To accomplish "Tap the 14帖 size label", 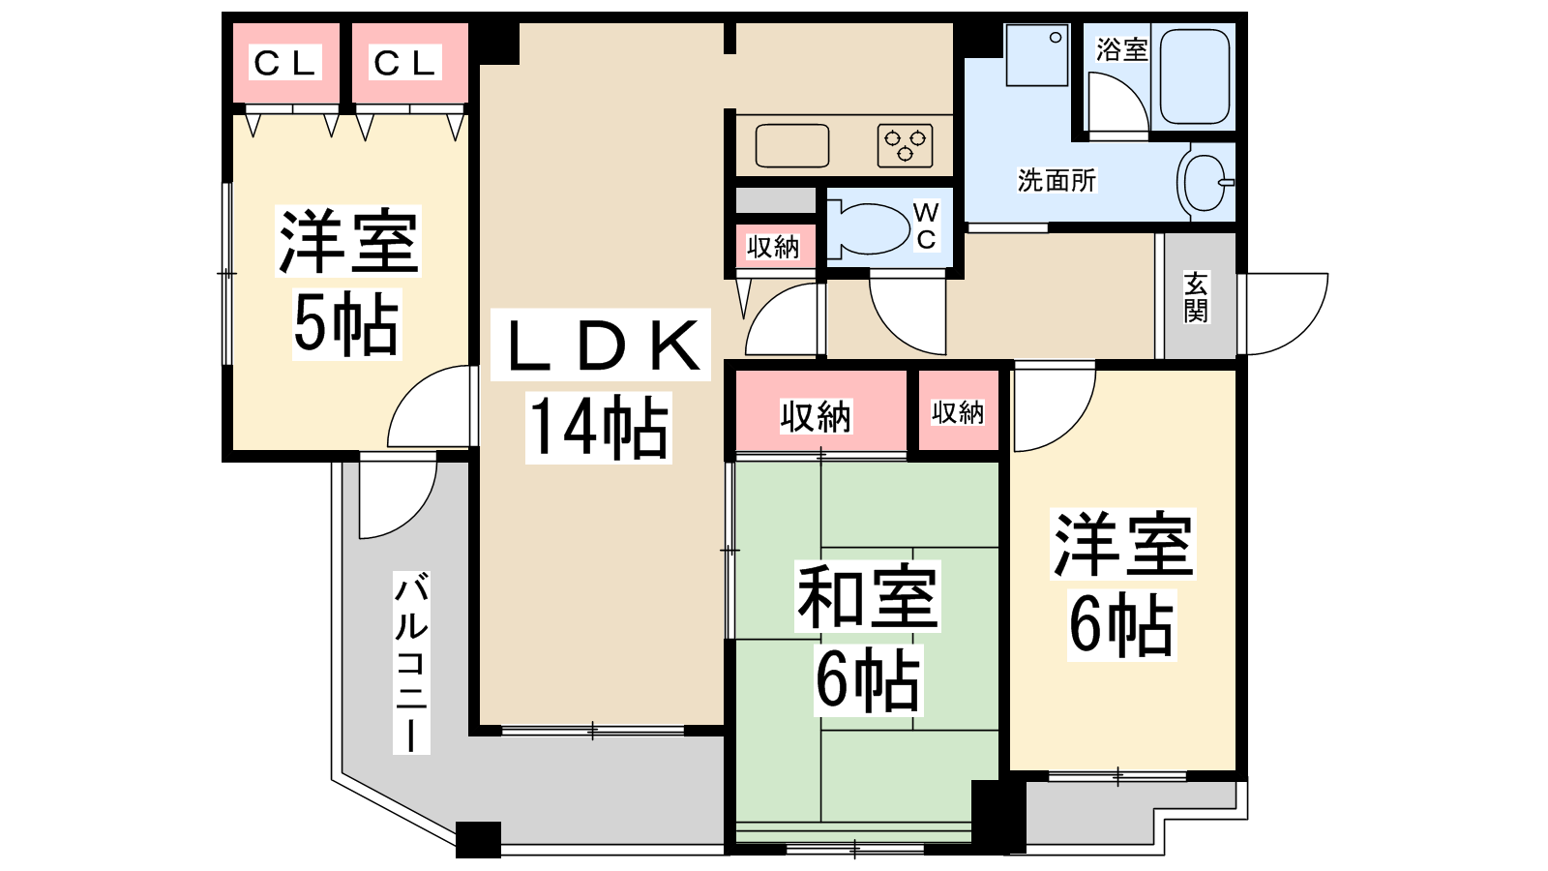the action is [599, 427].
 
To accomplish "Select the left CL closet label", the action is [285, 63].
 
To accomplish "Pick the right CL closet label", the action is [405, 63].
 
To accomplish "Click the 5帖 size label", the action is [346, 323].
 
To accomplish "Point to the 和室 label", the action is [867, 596].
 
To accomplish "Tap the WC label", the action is [926, 225].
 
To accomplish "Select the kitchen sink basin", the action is [792, 146].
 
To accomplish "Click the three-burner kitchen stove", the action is [906, 146].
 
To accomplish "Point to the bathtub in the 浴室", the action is [1194, 76].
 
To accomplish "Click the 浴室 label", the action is [1121, 49].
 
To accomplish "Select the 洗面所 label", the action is [1057, 180].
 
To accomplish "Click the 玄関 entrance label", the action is [1196, 297].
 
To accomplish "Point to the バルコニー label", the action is [412, 662].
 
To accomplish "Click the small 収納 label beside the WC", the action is [773, 247].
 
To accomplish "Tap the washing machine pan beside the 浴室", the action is [1036, 55].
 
